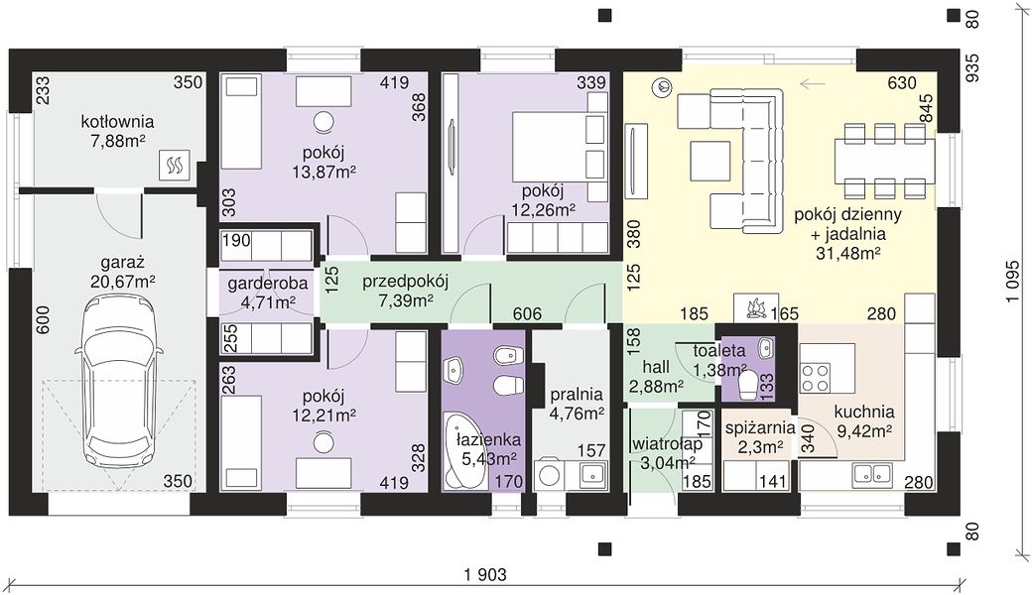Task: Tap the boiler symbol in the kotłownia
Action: click(176, 165)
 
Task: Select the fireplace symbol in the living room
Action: click(756, 307)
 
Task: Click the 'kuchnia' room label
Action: click(863, 413)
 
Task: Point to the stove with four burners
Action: click(815, 378)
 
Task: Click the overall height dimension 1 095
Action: click(1011, 282)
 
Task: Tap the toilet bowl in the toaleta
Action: click(748, 385)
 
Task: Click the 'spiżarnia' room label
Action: click(760, 428)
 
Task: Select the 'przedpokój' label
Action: click(405, 282)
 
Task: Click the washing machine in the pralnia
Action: click(548, 475)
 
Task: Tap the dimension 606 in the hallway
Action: click(527, 314)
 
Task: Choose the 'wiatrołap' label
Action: click(666, 444)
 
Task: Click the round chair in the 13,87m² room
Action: click(323, 122)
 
